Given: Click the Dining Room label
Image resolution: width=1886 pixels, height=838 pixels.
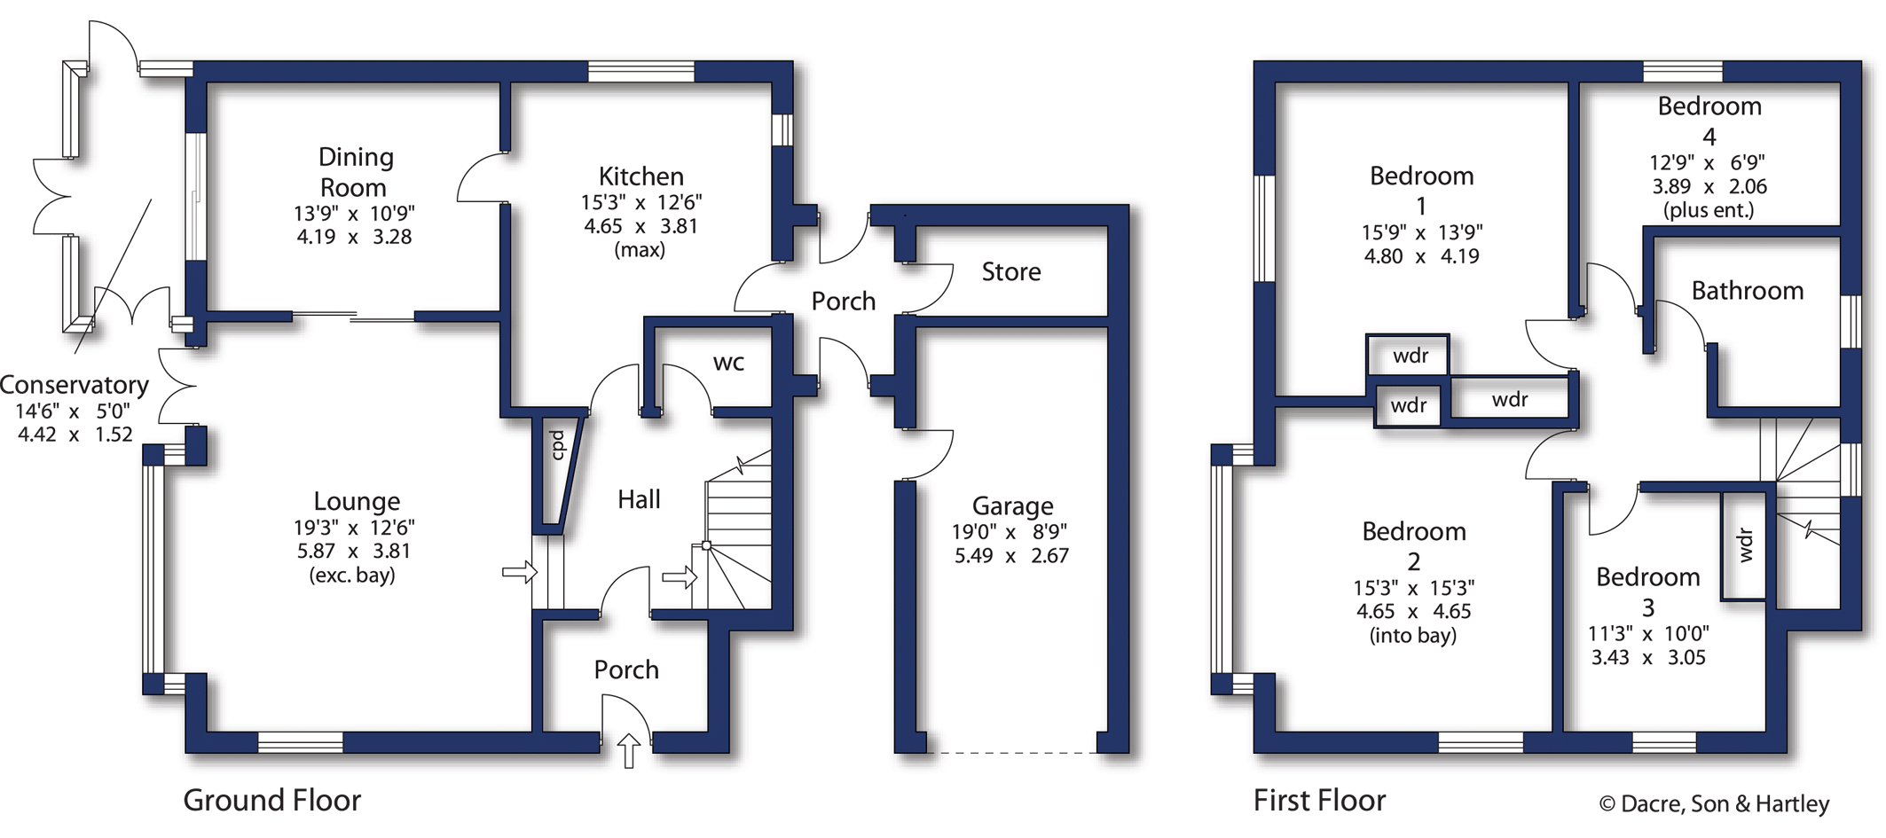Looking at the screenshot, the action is coord(354,172).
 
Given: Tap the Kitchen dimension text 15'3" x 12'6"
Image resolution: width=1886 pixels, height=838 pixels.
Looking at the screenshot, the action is coord(640,202).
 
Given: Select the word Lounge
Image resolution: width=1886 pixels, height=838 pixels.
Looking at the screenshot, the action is coord(357,502).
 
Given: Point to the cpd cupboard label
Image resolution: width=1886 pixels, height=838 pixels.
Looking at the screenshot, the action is coord(557,444).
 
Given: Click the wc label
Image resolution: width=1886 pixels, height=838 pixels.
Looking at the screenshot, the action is coord(728,363).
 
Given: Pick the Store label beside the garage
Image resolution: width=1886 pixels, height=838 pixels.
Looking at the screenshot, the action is coord(1011,271).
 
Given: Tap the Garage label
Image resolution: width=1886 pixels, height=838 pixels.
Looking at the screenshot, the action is coord(1012,505).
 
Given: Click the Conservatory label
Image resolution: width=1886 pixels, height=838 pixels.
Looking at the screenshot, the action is coord(75,385).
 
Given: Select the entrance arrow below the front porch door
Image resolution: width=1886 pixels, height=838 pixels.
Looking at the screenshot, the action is coord(628,750).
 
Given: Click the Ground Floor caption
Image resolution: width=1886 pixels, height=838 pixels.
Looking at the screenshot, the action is coord(271,800).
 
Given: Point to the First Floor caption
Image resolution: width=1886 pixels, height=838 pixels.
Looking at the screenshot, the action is coord(1319,800).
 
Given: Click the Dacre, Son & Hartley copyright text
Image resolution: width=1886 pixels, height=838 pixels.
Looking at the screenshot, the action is coord(1714,803).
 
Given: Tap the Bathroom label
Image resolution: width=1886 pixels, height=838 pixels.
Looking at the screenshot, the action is coord(1747,291).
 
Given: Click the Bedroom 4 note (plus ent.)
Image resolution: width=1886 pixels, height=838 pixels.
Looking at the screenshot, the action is coord(1709,210).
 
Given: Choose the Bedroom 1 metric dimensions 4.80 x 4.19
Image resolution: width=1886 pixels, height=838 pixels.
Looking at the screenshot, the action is coord(1421,256).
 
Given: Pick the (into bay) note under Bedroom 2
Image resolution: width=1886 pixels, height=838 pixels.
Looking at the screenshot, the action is coord(1413,635).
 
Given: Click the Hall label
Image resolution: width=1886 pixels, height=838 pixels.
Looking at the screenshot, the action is coord(639,499).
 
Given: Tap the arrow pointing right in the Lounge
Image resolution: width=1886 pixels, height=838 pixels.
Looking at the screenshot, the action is coord(520,572).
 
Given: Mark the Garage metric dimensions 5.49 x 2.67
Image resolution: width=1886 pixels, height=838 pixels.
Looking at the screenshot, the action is coord(1011,556).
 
